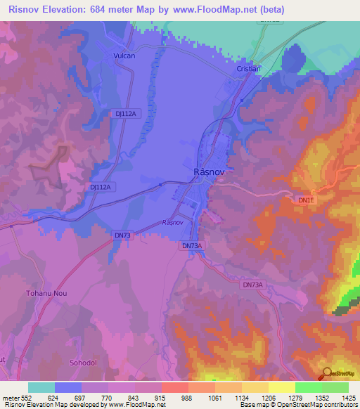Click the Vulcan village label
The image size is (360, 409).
pos(124,55)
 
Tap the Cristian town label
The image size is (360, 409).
pos(248,69)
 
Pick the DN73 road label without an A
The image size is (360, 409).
pos(122,235)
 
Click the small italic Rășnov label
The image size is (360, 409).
pos(172,222)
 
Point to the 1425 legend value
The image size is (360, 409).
pos(347,398)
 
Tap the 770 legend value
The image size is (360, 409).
pos(108,398)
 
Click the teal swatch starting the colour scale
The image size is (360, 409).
pos(41,387)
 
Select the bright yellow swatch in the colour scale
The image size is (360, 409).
pos(281,387)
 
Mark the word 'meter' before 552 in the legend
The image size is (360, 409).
pos(11,398)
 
